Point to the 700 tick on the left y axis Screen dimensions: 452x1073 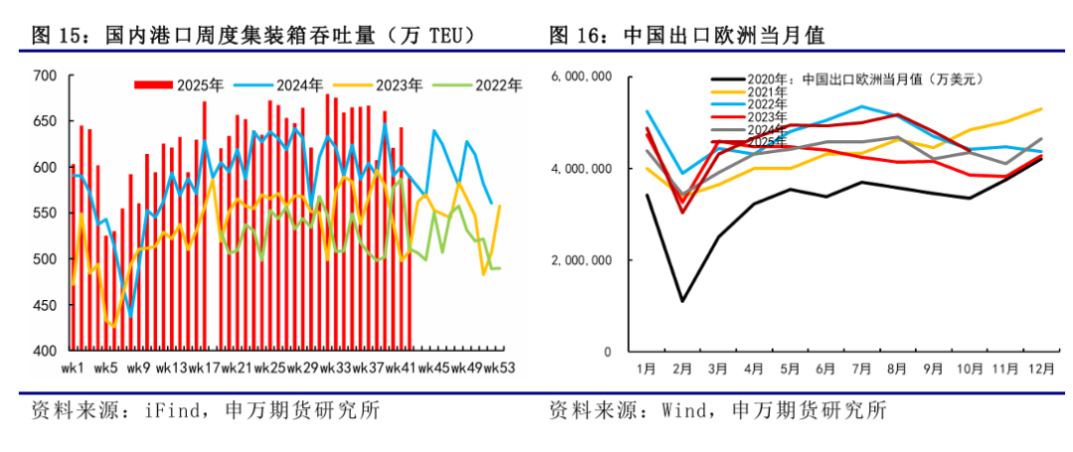point(45,75)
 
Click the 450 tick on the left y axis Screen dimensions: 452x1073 point(45,306)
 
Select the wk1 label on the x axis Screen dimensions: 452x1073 point(73,370)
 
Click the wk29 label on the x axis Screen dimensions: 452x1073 point(301,370)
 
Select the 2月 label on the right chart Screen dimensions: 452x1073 point(683,370)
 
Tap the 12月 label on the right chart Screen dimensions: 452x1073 point(1040,370)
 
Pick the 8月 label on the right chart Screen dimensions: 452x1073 point(897,370)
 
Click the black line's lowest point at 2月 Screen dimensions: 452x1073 point(683,301)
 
